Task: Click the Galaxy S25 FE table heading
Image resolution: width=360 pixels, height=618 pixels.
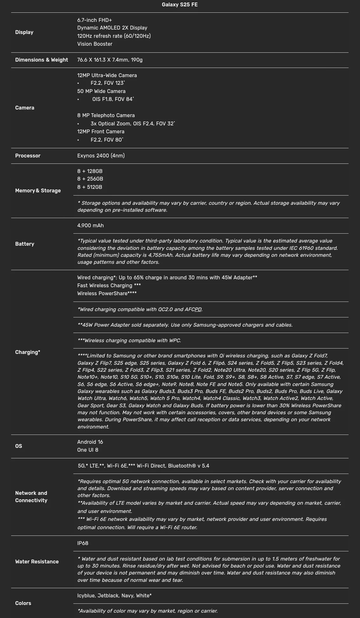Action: (x=180, y=5)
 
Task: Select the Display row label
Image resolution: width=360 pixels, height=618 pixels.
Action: (x=24, y=32)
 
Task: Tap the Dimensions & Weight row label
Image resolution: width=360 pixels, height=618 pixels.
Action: (x=42, y=60)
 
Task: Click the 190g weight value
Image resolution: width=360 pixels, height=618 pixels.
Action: (x=137, y=60)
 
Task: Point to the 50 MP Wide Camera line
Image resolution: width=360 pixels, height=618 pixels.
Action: (x=101, y=91)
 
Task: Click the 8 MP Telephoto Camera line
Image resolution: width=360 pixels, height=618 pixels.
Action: (x=106, y=115)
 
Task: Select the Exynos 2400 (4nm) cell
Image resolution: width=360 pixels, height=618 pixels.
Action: (x=101, y=156)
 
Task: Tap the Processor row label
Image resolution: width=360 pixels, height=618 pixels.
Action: (x=28, y=156)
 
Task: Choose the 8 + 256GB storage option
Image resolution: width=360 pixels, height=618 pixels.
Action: (x=90, y=179)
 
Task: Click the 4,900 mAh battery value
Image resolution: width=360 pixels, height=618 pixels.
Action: (x=90, y=225)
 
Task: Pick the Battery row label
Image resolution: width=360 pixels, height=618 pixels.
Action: (x=24, y=244)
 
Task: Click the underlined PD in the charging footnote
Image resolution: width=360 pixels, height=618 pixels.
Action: (x=198, y=309)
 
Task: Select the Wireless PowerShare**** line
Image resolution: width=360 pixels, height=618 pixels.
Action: (x=107, y=293)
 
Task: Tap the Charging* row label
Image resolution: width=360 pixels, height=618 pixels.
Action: (x=28, y=352)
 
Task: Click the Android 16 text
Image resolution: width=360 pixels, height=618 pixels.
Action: (x=90, y=442)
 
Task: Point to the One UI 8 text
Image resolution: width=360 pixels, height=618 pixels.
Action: (x=88, y=450)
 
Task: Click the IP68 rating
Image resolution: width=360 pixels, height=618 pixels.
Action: (x=83, y=543)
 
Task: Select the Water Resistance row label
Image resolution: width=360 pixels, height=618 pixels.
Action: (x=37, y=562)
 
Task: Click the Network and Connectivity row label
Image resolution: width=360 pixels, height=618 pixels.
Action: (x=31, y=496)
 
